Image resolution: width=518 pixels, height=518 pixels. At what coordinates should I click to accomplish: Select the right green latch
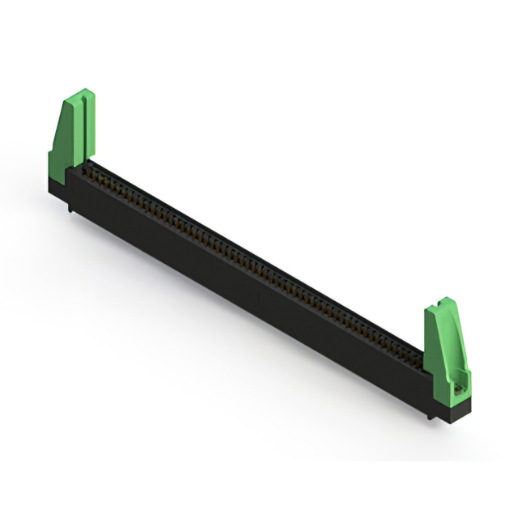[x=445, y=348]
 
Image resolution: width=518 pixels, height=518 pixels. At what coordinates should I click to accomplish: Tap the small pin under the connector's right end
[x=431, y=416]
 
